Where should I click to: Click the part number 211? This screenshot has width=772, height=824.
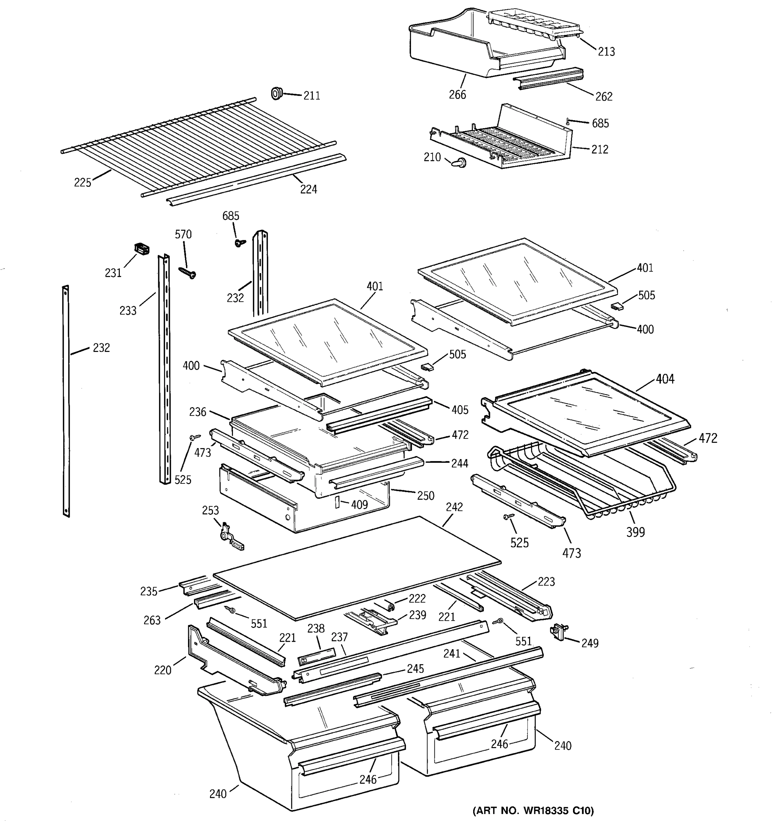point(312,96)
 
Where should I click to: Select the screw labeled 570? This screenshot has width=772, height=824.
point(188,272)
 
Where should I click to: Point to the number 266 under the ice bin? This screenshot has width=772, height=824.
point(457,95)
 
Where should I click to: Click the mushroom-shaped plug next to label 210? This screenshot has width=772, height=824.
point(458,162)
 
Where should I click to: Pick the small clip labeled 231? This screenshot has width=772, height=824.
point(142,249)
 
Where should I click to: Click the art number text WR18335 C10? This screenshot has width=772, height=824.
point(533,810)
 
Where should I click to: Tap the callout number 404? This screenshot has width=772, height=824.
point(665,379)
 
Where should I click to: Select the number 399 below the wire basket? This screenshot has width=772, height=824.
point(635,532)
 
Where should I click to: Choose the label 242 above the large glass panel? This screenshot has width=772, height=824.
point(454,507)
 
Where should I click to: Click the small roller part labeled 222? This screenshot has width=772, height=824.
point(390,607)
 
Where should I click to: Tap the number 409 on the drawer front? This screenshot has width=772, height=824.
point(359,504)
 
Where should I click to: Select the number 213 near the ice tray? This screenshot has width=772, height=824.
point(606,52)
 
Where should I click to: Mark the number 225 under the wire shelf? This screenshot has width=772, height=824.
point(82,182)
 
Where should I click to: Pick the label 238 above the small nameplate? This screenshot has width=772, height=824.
point(316,629)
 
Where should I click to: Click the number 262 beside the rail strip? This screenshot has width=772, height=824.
point(604,96)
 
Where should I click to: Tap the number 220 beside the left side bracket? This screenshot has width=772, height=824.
point(162,670)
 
